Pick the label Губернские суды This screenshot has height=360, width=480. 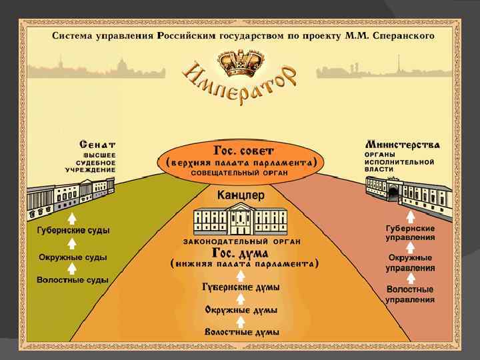click(x=73, y=231)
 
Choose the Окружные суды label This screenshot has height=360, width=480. click(x=73, y=257)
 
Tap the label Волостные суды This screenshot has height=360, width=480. click(x=73, y=280)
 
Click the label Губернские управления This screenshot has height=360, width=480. click(x=410, y=233)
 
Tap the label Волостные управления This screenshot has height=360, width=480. click(x=410, y=295)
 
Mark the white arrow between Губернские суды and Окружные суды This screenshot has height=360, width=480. click(x=72, y=244)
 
